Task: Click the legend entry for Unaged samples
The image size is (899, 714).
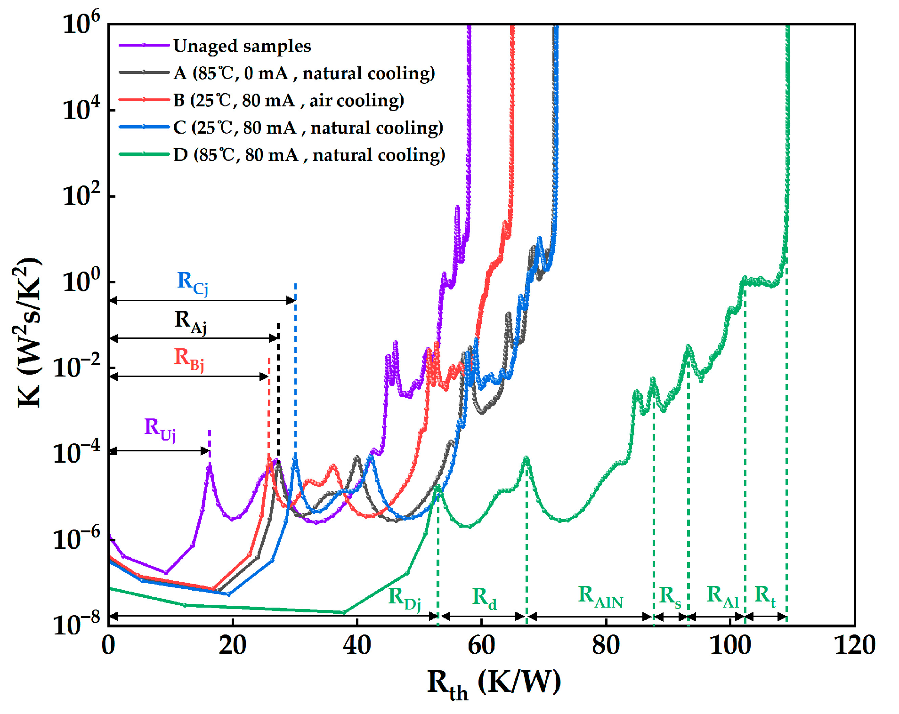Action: [242, 46]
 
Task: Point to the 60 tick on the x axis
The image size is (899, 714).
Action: [481, 645]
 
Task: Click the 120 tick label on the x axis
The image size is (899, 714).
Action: [854, 645]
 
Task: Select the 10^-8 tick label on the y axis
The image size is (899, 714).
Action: [77, 624]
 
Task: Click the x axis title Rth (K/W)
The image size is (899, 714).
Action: [494, 683]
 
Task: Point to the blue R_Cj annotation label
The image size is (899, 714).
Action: [192, 282]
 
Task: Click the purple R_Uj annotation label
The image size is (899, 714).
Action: [160, 429]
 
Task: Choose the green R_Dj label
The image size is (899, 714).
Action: [404, 598]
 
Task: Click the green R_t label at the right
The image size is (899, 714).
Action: [765, 595]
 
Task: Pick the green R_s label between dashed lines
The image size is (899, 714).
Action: [670, 597]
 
